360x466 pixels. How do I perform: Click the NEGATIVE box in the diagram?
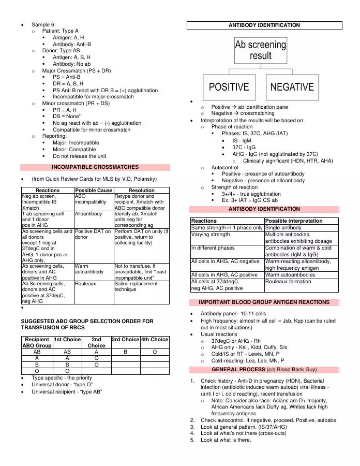point(292,86)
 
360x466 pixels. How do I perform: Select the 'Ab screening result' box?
point(260,50)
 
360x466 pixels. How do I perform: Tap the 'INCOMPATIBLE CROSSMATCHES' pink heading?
point(95,167)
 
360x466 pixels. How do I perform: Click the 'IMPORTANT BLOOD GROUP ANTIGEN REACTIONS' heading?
point(265,302)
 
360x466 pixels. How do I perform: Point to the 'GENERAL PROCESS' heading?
point(265,370)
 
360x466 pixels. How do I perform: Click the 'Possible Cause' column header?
point(94,191)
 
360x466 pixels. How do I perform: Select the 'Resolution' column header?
point(141,191)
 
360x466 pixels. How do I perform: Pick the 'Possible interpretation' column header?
point(294,221)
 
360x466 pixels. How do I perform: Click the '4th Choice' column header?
point(155,339)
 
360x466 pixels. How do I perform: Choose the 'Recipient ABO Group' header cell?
point(37,342)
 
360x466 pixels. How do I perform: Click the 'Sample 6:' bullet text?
point(44,24)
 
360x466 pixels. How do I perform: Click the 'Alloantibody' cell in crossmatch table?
point(88,213)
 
